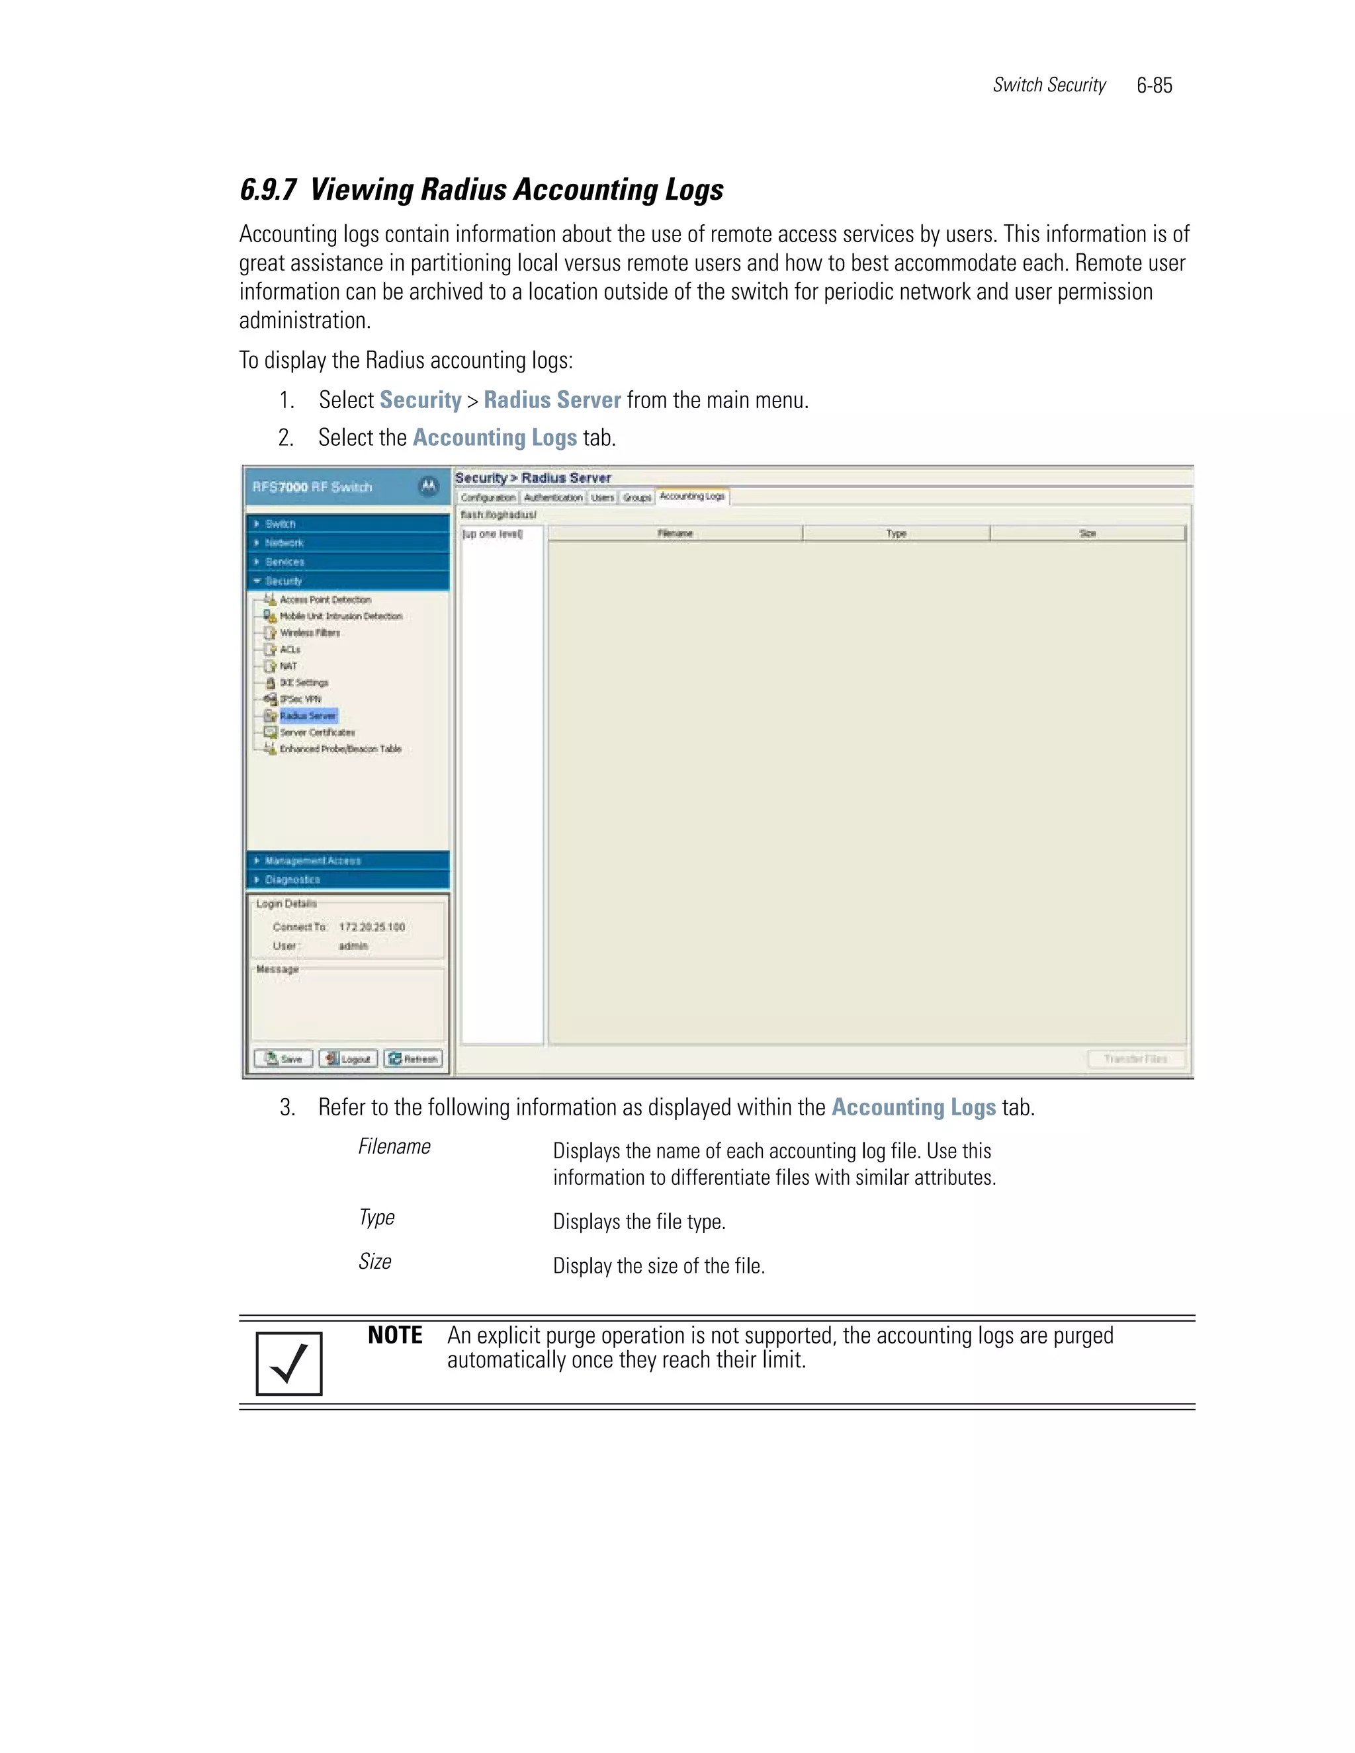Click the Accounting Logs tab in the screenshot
(x=691, y=497)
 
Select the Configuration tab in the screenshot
(x=488, y=497)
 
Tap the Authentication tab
(x=553, y=497)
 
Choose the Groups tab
(x=636, y=497)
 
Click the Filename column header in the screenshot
(x=675, y=533)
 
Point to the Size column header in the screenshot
(x=1088, y=533)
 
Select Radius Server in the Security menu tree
(x=308, y=715)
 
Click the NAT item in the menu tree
(x=288, y=665)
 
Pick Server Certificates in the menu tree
(x=317, y=732)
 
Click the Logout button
(x=349, y=1058)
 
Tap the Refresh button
(x=413, y=1058)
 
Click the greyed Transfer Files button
(x=1135, y=1058)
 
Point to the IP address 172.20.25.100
(x=372, y=927)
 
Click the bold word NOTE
(x=395, y=1336)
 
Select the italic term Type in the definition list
(x=376, y=1218)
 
